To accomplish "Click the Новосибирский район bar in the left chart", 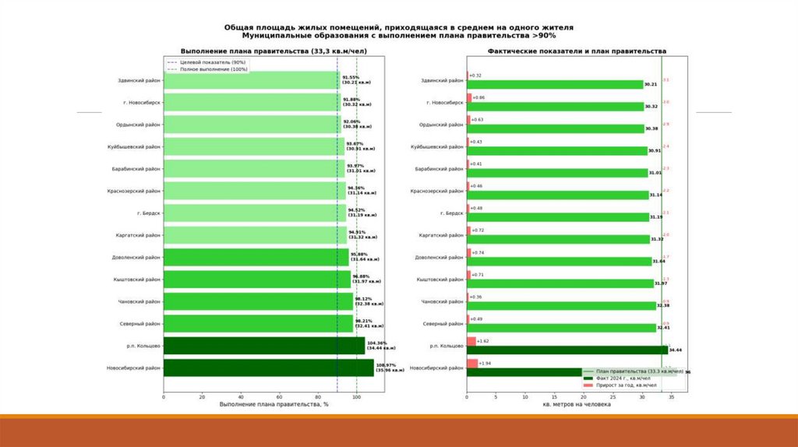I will (268, 368).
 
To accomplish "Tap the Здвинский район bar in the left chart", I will (251, 80).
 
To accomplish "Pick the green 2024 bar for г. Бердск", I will (558, 216).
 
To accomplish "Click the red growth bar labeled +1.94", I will (472, 364).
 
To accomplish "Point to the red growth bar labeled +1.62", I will (471, 341).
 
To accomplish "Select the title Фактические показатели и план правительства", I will (577, 51).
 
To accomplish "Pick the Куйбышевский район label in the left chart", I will (134, 146).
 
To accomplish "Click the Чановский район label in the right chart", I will (442, 301).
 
